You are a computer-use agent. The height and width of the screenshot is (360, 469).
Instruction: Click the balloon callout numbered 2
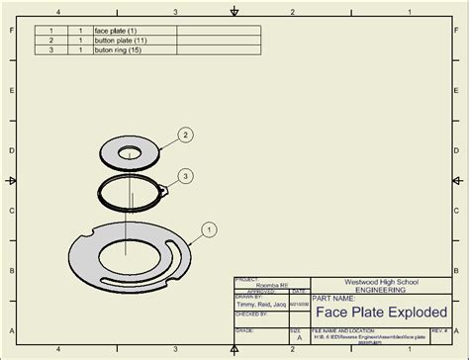coord(185,135)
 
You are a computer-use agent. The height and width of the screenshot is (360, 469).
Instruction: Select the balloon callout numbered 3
coord(185,176)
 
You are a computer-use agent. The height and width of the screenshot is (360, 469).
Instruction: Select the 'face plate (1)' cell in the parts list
coord(116,31)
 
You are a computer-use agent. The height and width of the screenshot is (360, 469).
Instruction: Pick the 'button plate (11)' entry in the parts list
coord(120,40)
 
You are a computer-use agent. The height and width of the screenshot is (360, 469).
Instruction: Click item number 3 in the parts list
coord(50,48)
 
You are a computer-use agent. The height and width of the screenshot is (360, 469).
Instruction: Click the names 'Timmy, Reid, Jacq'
coord(261,304)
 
